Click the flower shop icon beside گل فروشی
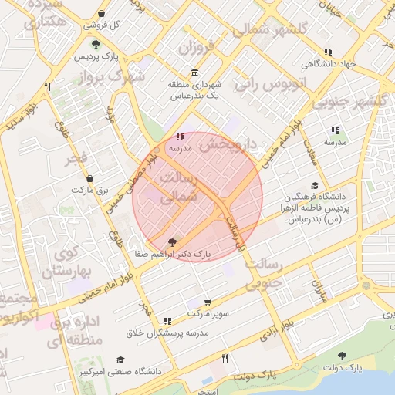[102, 14]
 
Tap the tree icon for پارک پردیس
[96, 44]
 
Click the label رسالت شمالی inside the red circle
[177, 188]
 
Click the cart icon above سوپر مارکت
[208, 302]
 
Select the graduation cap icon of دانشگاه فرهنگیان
[314, 186]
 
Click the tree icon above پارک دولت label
[342, 356]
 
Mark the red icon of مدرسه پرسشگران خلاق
[167, 321]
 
